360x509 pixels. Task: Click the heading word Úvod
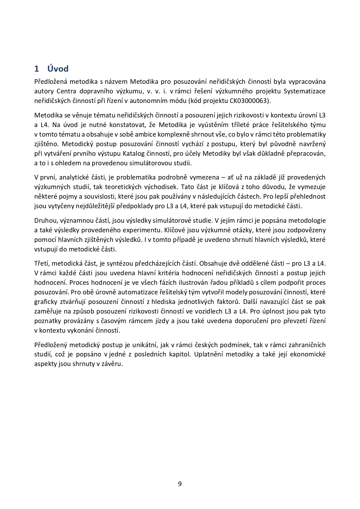click(58, 69)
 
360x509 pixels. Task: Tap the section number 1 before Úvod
click(37, 69)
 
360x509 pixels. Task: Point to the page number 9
click(180, 483)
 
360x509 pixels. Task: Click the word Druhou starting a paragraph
click(44, 220)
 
